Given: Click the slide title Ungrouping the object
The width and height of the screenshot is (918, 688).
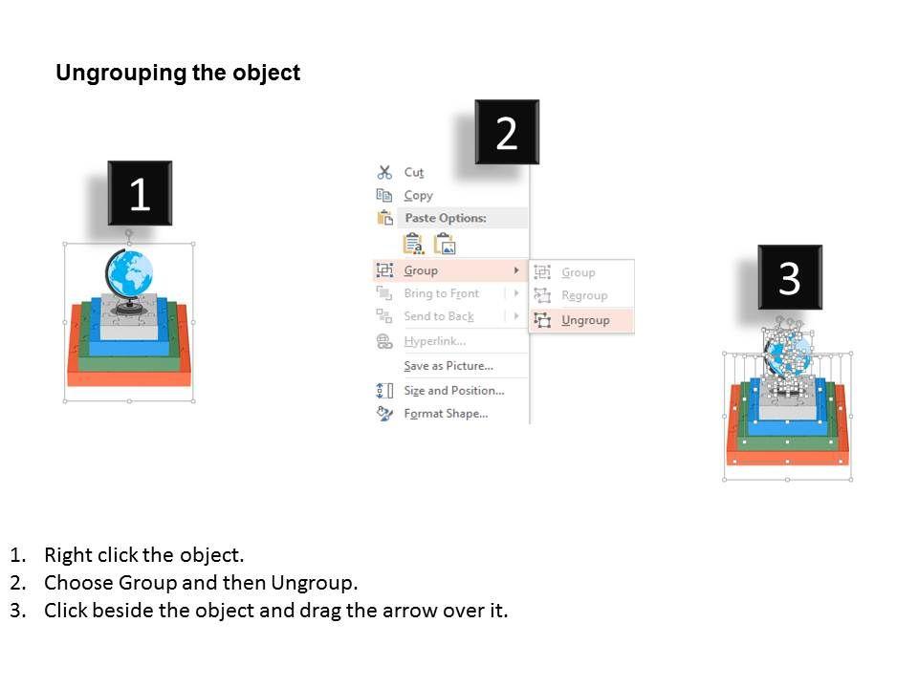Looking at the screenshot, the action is tap(178, 74).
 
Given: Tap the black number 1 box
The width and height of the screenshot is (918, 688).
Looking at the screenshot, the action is tap(140, 193).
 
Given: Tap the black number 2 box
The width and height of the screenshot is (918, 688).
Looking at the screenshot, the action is tap(507, 132).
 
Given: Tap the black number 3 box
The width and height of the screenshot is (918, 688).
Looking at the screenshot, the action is tap(790, 277).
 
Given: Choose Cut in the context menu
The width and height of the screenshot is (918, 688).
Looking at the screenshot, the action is tap(414, 173).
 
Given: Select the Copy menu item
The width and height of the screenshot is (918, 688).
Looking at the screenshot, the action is tap(419, 195).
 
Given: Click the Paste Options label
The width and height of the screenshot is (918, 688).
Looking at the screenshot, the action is tap(446, 218).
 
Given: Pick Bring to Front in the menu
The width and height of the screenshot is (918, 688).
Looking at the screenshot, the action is tap(442, 293).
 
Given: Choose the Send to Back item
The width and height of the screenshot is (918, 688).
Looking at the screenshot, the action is tap(439, 316).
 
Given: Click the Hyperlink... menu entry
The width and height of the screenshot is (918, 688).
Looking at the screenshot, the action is tap(435, 341).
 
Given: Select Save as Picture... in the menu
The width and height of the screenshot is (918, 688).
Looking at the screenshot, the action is tap(448, 366).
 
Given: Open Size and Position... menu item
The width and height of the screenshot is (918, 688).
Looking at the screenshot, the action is tap(454, 390).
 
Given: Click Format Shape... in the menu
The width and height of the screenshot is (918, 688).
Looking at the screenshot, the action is tap(447, 414).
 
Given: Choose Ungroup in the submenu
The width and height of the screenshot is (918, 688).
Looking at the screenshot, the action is tap(585, 321).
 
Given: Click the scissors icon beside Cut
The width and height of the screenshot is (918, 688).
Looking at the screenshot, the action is tap(384, 172).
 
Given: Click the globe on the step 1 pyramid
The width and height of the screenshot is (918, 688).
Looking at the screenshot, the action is tap(129, 274).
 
